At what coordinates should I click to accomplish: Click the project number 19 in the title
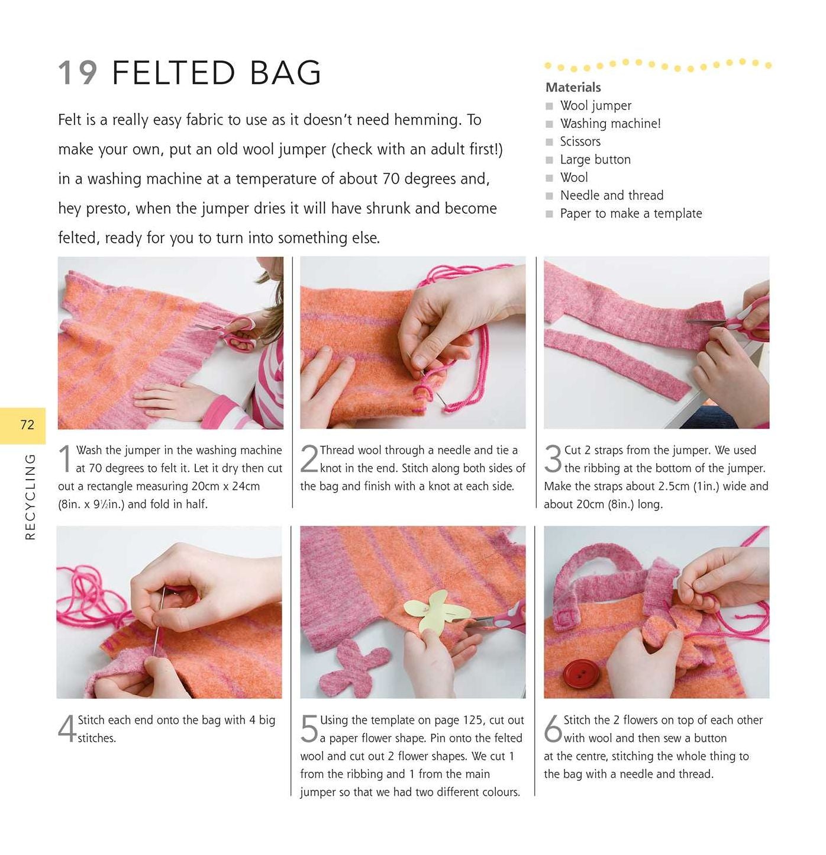[78, 72]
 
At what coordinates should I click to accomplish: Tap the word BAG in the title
[285, 72]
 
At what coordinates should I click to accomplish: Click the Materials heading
[573, 88]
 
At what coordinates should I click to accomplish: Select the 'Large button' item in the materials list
[595, 159]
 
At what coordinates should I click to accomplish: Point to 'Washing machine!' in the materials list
[610, 124]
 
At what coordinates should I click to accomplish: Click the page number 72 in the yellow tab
[27, 425]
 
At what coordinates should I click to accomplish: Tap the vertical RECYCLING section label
[30, 496]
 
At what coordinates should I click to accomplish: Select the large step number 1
[65, 459]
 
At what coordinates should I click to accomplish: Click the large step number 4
[66, 728]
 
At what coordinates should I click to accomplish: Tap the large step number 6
[553, 728]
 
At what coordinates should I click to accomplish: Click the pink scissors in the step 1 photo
[231, 333]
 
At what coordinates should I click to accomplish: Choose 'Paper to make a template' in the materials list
[631, 214]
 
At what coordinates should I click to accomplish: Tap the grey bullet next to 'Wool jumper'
[549, 106]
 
